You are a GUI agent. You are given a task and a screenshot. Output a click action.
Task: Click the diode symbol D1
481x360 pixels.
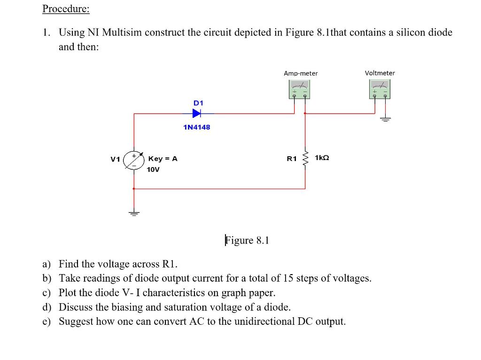[197, 113]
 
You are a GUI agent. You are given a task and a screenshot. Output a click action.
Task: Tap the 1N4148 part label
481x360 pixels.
[197, 127]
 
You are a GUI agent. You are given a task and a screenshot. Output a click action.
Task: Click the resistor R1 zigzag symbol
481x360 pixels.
[305, 160]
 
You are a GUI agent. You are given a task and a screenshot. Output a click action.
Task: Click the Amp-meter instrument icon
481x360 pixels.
[300, 89]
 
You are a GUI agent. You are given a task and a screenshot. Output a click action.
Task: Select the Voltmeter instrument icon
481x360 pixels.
[380, 89]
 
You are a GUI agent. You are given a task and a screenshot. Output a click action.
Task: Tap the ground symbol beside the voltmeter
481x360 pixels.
[386, 119]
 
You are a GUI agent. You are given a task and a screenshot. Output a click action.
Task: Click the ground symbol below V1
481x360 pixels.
[134, 212]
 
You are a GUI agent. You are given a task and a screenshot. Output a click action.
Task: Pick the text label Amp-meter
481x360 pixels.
[301, 73]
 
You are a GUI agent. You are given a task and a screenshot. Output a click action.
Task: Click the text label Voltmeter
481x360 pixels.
[380, 73]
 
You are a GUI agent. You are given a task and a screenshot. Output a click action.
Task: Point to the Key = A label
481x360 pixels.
[163, 159]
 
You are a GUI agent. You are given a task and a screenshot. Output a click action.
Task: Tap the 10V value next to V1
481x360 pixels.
[153, 169]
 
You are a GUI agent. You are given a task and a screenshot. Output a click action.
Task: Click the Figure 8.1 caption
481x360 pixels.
[247, 240]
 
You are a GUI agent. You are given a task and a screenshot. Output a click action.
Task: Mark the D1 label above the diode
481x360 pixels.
[198, 102]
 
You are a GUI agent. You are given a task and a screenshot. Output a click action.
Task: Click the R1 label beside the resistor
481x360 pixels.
[292, 159]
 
